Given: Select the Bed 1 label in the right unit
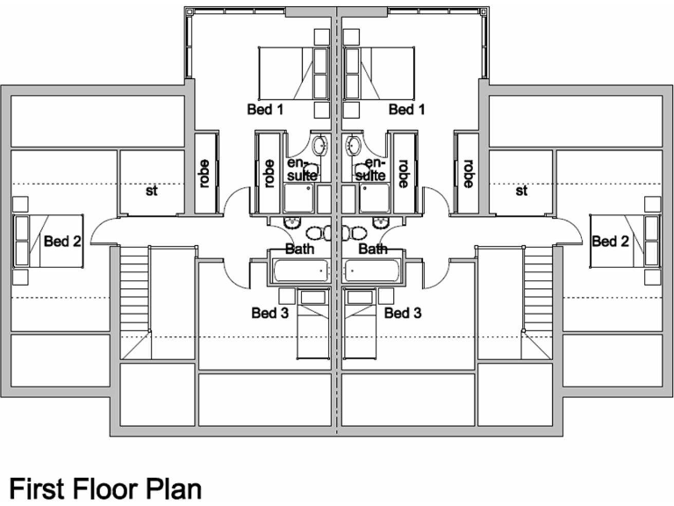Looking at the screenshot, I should pyautogui.click(x=406, y=110).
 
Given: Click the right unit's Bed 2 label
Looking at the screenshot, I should pyautogui.click(x=609, y=241).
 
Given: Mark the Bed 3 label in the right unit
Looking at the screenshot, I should pyautogui.click(x=403, y=313).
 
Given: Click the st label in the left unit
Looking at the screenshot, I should pyautogui.click(x=152, y=190).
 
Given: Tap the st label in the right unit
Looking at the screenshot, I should pyautogui.click(x=522, y=190).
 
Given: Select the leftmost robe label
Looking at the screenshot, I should pyautogui.click(x=205, y=173).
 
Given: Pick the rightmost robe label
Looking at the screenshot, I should pyautogui.click(x=468, y=173).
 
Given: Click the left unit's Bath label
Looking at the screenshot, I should pyautogui.click(x=299, y=249).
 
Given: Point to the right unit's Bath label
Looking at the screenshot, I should pyautogui.click(x=374, y=249).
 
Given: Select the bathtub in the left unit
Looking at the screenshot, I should pyautogui.click(x=301, y=271).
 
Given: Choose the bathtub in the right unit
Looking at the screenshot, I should pyautogui.click(x=374, y=271).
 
